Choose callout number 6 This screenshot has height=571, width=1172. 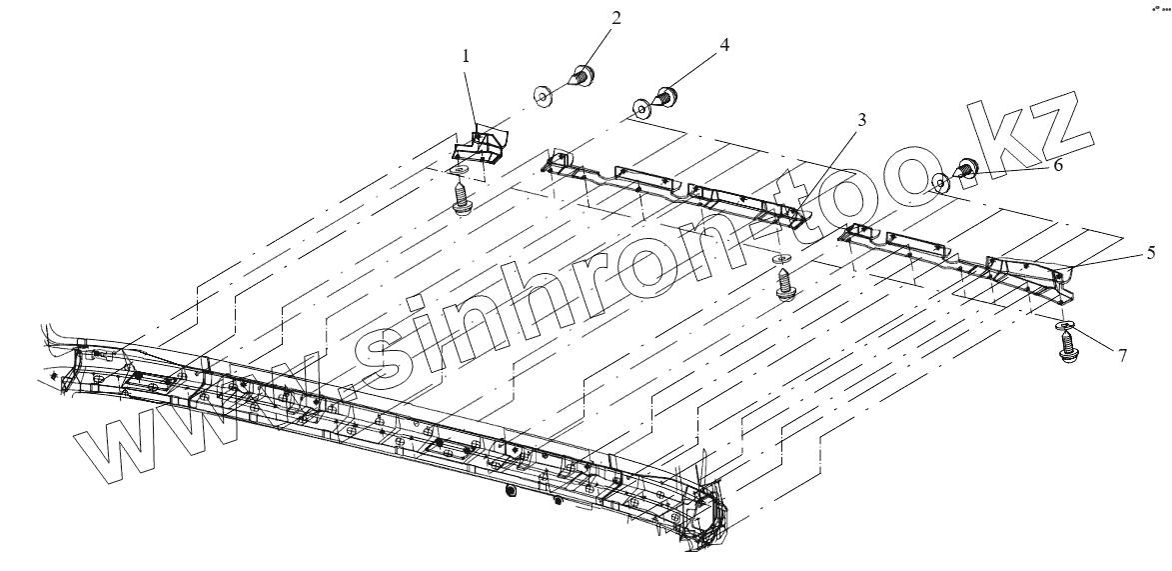coord(1058,166)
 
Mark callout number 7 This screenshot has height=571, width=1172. coord(1123,354)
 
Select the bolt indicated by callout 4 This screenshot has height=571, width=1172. coord(664,97)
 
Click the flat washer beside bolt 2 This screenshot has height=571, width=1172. coord(544,95)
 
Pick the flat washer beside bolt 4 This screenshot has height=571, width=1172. coord(640,108)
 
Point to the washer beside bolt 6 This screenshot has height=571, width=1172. coord(940,182)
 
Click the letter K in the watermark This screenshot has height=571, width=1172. coord(1009,140)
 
